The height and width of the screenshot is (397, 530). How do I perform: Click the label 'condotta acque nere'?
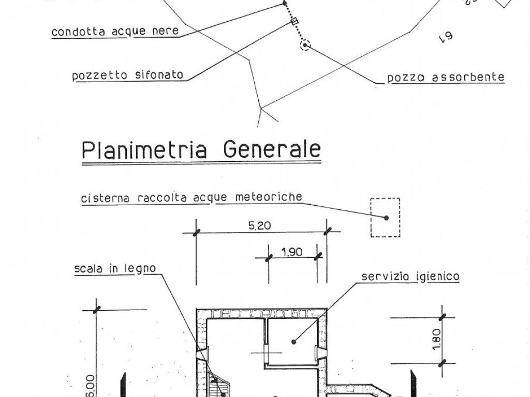115,32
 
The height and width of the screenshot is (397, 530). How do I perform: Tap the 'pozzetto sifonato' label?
127,75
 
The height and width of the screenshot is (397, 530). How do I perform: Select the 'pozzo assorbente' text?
446,78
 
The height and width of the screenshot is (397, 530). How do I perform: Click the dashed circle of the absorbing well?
305,45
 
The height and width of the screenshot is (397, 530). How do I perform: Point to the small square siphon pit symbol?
295,21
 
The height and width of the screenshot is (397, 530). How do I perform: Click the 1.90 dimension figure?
292,253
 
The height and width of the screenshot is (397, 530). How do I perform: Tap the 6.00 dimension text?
89,385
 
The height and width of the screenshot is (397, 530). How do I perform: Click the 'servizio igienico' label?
410,277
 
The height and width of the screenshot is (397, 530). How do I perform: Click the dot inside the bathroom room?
293,342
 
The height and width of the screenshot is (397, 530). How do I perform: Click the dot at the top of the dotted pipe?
285,4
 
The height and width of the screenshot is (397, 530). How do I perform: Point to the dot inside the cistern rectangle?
386,218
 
